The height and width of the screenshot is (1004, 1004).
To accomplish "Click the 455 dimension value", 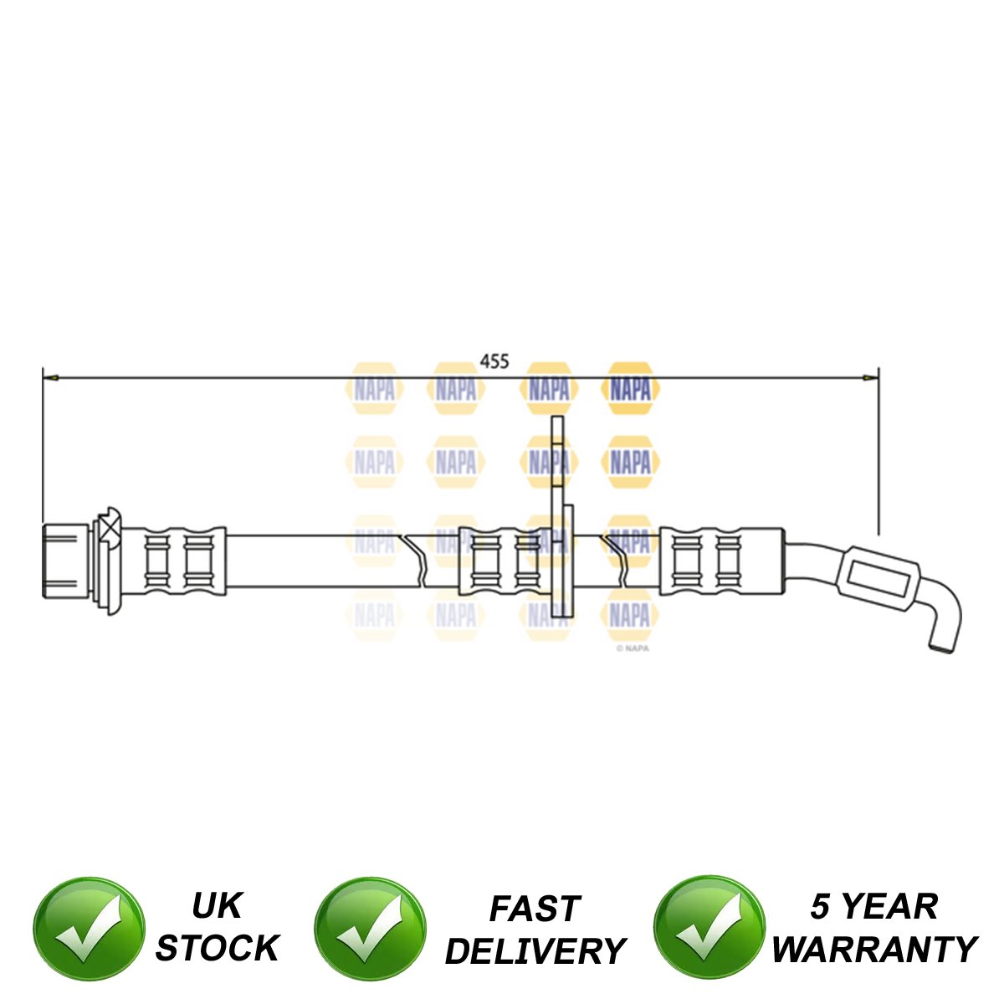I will tap(494, 361).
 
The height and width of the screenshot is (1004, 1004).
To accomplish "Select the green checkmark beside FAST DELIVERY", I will tap(369, 929).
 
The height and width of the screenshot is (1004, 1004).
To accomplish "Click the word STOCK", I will tap(217, 948).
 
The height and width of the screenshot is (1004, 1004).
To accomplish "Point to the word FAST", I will tap(534, 909).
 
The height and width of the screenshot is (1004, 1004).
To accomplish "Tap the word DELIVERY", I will tap(535, 951).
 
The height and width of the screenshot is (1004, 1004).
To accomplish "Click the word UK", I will tap(217, 905).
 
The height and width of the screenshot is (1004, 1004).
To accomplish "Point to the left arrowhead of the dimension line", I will tap(50, 378).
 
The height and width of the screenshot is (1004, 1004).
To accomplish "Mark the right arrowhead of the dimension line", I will tap(871, 378).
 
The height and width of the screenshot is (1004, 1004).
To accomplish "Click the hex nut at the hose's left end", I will tap(65, 558).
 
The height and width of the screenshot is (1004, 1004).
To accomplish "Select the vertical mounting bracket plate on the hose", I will tap(558, 519).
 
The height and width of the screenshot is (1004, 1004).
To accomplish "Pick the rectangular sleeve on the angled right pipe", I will tap(878, 578).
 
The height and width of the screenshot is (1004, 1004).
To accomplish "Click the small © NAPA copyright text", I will tap(633, 647).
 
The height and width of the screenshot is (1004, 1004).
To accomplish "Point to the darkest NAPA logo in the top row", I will tap(630, 389).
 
